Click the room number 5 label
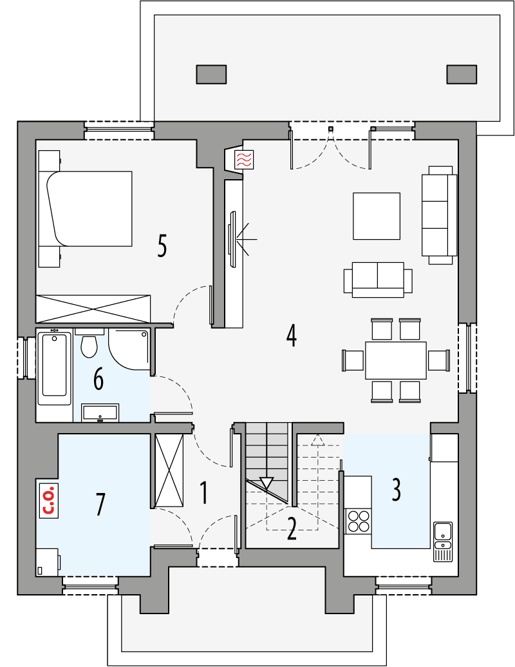(x=162, y=246)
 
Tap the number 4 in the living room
(x=292, y=335)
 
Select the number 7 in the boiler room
(x=100, y=504)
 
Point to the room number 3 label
(x=396, y=490)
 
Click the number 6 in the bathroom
(x=98, y=379)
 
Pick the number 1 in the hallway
(x=203, y=493)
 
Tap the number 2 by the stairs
(x=292, y=528)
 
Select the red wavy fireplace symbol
(x=244, y=160)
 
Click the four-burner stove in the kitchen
(x=359, y=521)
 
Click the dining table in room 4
(x=395, y=360)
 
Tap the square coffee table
(x=377, y=215)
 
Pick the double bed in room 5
(x=90, y=209)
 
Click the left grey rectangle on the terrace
(x=211, y=75)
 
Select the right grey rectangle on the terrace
(x=462, y=75)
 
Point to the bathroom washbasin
(x=100, y=412)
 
